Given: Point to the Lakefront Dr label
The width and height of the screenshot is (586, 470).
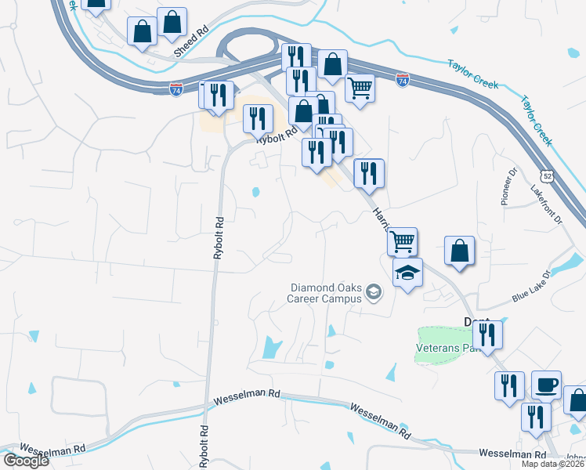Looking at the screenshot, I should pyautogui.click(x=547, y=205).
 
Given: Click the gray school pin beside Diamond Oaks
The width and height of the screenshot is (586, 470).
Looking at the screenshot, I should pyautogui.click(x=374, y=294).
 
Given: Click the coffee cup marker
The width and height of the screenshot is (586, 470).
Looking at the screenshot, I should pyautogui.click(x=546, y=385).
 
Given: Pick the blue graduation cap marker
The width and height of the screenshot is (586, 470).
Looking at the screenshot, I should pyautogui.click(x=407, y=273).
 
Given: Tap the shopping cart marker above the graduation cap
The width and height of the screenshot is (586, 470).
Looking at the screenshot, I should pyautogui.click(x=402, y=240).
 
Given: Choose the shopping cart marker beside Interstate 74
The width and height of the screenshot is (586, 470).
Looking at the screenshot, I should pyautogui.click(x=360, y=87).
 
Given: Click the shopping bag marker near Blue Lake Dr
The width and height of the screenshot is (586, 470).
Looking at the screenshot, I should pyautogui.click(x=460, y=251).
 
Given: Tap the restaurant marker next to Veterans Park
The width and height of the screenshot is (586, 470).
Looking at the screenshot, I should pyautogui.click(x=487, y=334).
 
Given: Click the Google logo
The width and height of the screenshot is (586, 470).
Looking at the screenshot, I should pyautogui.click(x=26, y=461).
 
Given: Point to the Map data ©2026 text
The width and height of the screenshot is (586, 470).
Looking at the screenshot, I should pyautogui.click(x=554, y=464).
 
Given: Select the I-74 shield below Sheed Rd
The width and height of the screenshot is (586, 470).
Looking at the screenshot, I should pyautogui.click(x=176, y=89).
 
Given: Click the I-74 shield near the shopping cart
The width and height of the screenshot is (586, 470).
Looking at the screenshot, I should pyautogui.click(x=403, y=80).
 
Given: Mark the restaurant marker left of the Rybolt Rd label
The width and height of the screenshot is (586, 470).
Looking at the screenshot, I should pyautogui.click(x=258, y=118).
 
